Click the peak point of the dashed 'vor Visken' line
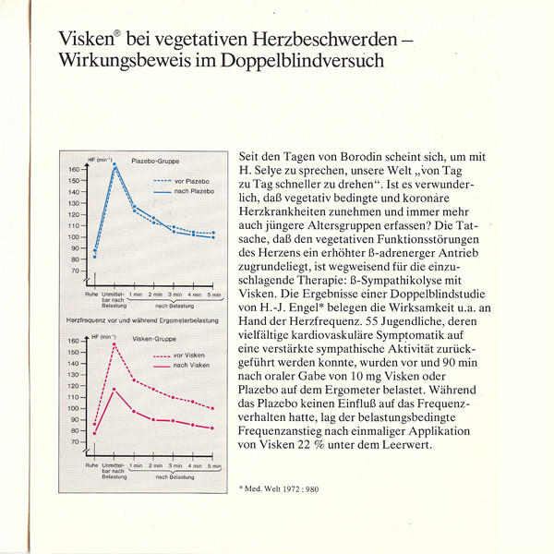click(114, 344)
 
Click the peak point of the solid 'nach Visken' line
click(114, 389)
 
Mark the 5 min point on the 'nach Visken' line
click(213, 428)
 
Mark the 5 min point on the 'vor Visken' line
click(213, 407)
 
